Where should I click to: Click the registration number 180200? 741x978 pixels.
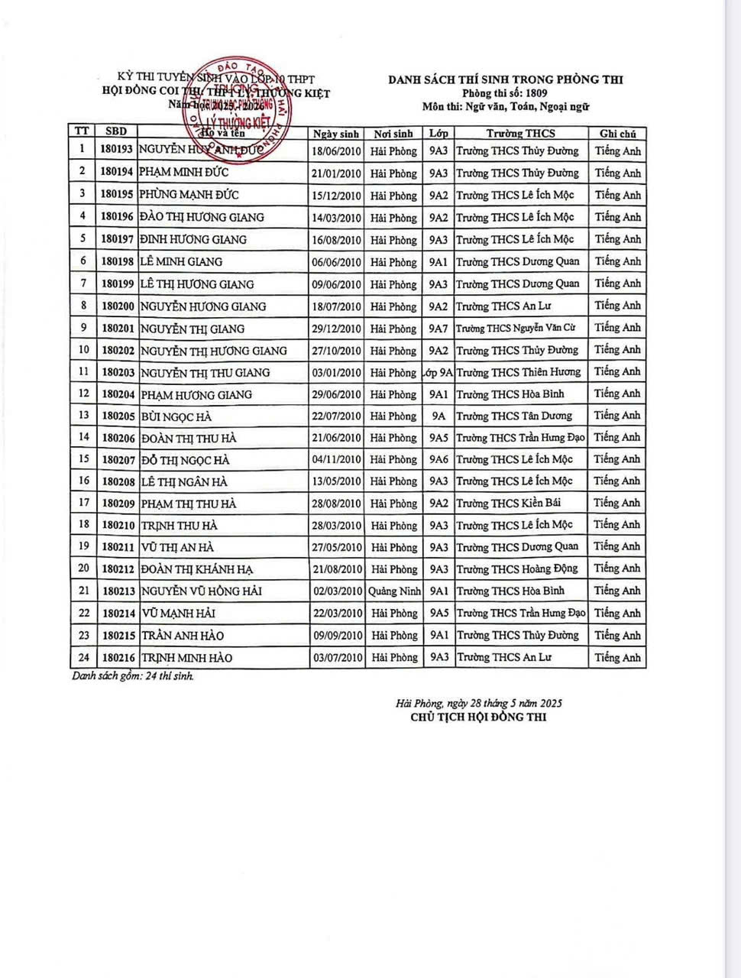coord(118,306)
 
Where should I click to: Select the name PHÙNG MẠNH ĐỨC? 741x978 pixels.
coord(183,195)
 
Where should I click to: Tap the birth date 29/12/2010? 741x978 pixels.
coord(336,329)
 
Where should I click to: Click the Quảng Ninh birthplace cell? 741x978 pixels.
coord(394,591)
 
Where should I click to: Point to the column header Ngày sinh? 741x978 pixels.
coord(336,134)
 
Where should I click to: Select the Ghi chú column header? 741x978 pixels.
coord(617,134)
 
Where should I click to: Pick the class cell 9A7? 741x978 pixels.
coord(438,329)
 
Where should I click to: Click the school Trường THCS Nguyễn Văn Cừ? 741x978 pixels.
coord(516,329)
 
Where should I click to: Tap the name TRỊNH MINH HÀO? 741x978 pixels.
coord(186,658)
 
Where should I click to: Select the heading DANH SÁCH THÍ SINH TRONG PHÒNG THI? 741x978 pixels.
coord(506,79)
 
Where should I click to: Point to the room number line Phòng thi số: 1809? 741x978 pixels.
coord(506,93)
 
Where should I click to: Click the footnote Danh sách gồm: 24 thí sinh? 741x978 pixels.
coord(133,676)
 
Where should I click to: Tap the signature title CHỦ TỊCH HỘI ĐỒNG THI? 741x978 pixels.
coord(478,717)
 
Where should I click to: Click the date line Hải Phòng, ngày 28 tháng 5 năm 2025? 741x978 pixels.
coord(479,703)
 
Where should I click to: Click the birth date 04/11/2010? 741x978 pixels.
coord(336,460)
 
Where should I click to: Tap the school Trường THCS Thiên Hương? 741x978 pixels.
coord(518,372)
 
